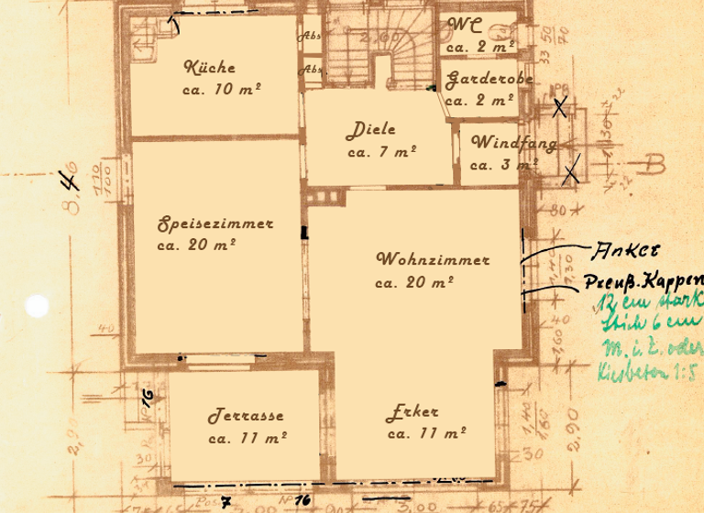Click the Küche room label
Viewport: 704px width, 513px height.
click(210, 68)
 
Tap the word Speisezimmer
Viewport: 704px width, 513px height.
click(215, 224)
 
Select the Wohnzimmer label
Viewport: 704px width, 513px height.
click(433, 260)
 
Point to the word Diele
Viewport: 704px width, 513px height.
click(371, 131)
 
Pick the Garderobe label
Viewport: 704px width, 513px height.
click(489, 81)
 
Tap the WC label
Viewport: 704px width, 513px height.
click(464, 26)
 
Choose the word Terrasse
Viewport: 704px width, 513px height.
click(246, 416)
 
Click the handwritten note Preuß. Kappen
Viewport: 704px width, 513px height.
click(644, 281)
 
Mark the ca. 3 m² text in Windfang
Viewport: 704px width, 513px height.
click(502, 166)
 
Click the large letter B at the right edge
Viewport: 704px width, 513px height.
click(653, 166)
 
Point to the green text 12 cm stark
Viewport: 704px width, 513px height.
click(648, 302)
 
